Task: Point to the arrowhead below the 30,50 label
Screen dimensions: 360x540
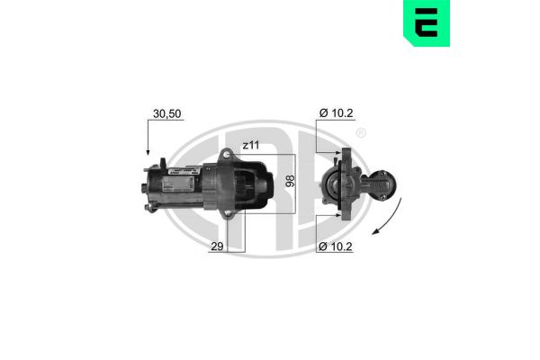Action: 147,155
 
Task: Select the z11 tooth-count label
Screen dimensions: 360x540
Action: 251,144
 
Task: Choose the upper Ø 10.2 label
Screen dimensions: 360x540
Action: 336,114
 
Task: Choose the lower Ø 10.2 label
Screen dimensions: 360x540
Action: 336,246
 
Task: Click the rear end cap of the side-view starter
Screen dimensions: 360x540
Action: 148,186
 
